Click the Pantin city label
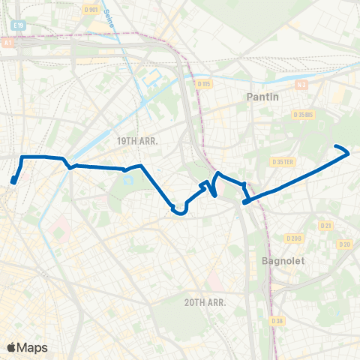click(x=263, y=97)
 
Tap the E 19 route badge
click(x=18, y=25)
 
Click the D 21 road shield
click(x=325, y=226)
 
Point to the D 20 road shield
click(x=344, y=244)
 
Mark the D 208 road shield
click(x=293, y=238)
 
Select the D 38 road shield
click(x=277, y=322)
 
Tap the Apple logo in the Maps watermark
click(x=11, y=347)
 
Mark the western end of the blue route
click(x=13, y=181)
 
